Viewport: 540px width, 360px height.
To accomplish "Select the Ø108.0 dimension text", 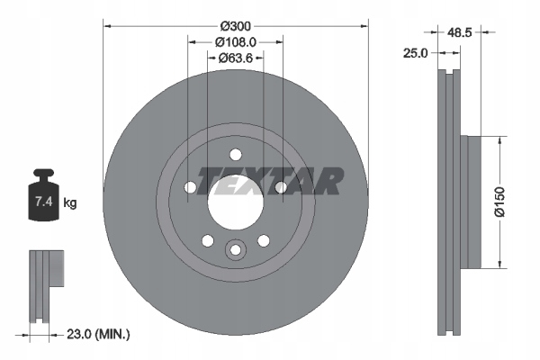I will point(235,40).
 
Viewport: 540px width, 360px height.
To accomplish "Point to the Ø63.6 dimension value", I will point(236,58).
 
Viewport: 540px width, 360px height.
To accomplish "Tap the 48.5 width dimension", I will point(462,31).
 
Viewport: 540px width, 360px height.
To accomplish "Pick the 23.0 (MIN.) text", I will point(98,334).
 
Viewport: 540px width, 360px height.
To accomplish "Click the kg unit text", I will point(70,203).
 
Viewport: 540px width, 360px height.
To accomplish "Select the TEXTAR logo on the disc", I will point(270,180).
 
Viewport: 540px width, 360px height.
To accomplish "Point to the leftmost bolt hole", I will point(191,187).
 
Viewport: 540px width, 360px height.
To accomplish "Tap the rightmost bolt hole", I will point(280,187).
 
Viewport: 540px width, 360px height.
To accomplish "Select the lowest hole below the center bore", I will point(235,249).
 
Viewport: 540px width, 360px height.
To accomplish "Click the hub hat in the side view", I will point(473,203).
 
